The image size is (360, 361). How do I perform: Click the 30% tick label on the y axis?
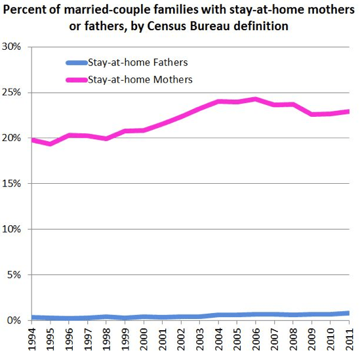12,47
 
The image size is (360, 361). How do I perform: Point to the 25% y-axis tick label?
12,93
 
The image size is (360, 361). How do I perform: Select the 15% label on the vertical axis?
12,184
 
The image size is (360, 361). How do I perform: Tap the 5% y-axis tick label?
15,275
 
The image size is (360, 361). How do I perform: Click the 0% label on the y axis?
15,320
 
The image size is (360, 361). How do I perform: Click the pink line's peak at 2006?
255,99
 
